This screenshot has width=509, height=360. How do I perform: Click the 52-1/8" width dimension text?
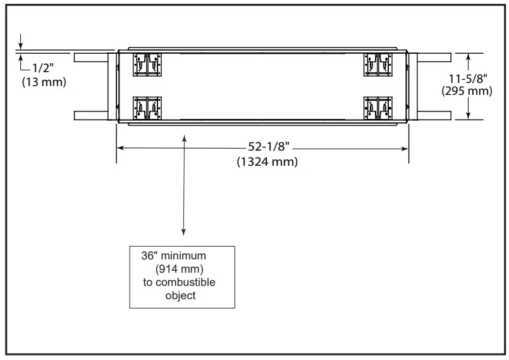tap(268, 147)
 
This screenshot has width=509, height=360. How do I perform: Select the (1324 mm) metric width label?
tap(267, 162)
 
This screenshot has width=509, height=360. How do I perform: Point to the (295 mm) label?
tap(467, 91)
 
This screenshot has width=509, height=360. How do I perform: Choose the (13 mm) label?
tap(44, 82)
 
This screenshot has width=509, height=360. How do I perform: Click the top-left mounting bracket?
tap(147, 64)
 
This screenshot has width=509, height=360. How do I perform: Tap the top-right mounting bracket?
tap(379, 64)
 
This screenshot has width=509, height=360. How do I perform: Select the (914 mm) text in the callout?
tap(183, 269)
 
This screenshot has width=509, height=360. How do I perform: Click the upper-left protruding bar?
tap(92, 57)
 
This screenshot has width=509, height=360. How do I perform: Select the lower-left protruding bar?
tap(92, 115)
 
